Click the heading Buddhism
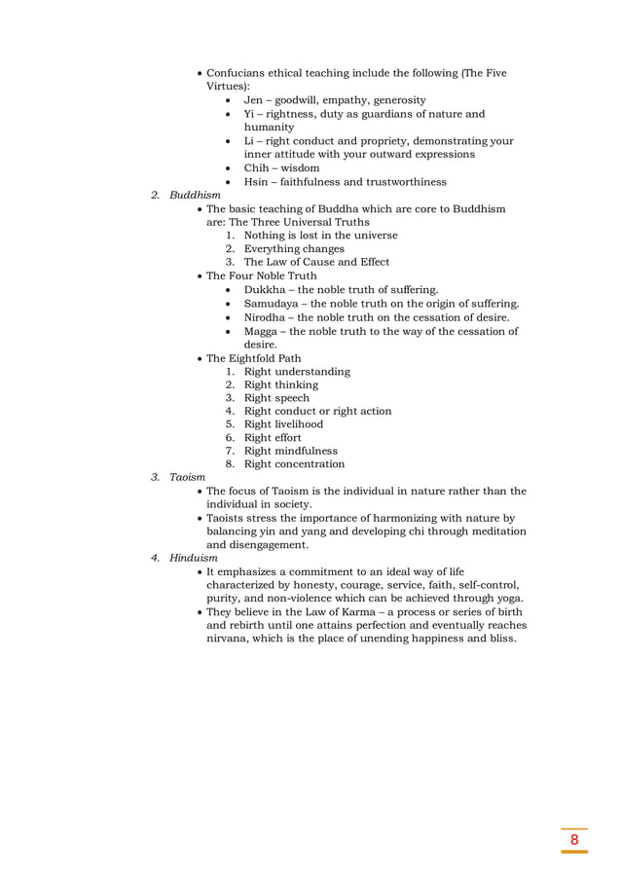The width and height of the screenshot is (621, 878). coord(195,195)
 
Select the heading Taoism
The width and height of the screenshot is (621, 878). coord(188,477)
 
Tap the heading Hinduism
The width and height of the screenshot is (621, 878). coord(194,558)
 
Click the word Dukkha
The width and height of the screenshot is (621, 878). coord(267,289)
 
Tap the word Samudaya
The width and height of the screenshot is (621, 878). coord(275,303)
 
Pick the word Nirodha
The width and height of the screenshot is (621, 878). coord(270,316)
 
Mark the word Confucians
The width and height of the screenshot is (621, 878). coord(240,73)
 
